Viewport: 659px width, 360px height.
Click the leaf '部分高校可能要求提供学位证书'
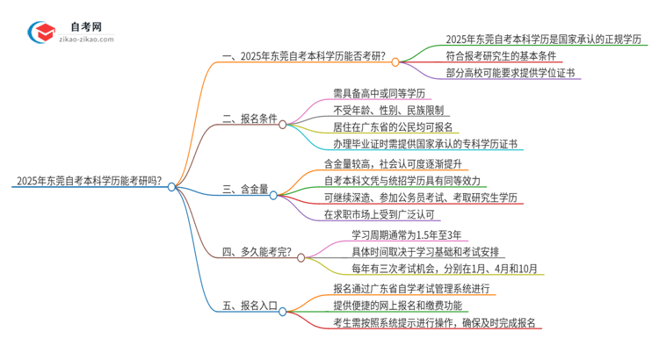point(509,76)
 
